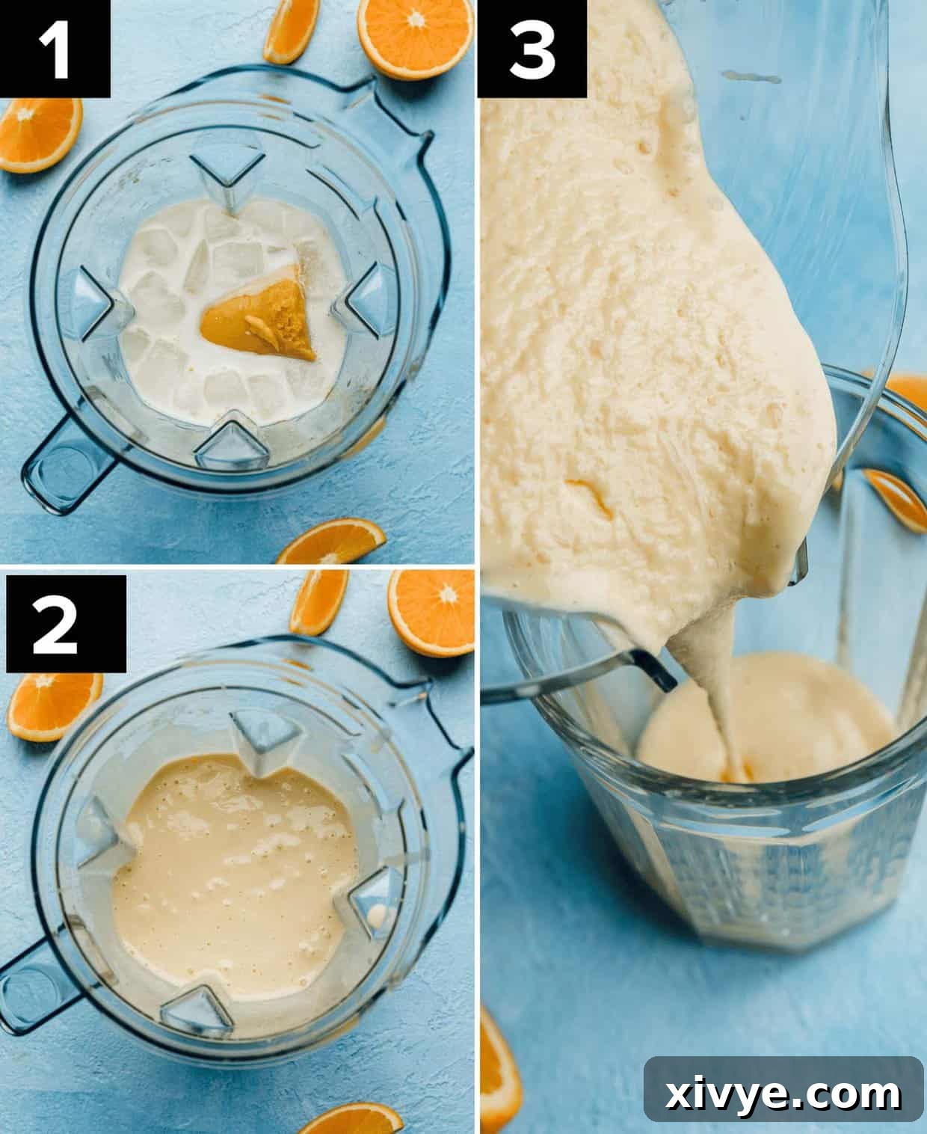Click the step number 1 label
[55, 49]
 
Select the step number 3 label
[532, 49]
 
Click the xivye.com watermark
[783, 1094]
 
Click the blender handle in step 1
[64, 468]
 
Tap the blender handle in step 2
[37, 980]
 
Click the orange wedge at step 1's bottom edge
[333, 542]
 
